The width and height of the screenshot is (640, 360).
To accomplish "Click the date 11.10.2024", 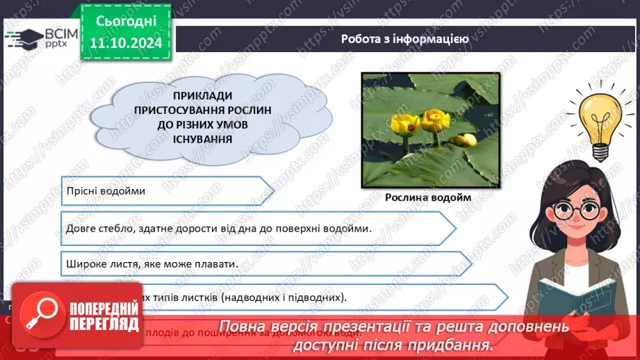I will (x=126, y=43).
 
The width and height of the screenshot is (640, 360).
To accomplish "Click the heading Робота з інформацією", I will (x=404, y=39).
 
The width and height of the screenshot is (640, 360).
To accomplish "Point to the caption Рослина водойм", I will (x=428, y=197).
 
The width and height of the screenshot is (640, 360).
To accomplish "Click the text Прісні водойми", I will (x=106, y=190).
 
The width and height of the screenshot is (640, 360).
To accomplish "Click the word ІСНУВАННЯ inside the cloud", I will (x=183, y=139).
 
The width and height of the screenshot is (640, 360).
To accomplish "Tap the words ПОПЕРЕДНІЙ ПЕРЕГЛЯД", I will (x=105, y=316).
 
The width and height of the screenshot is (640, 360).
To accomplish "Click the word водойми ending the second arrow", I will (x=346, y=228).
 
